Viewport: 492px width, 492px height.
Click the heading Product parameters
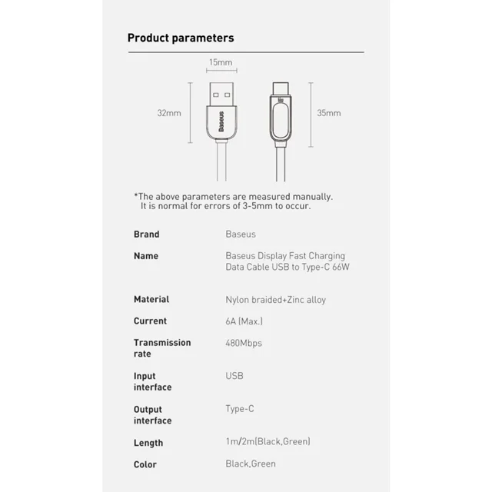(x=180, y=38)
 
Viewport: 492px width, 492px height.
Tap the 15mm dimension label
(x=220, y=61)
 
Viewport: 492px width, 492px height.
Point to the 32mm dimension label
(x=168, y=113)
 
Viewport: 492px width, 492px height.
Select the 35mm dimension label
(x=328, y=113)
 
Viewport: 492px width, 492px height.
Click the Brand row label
(x=146, y=234)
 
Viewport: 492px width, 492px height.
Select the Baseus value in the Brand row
(x=241, y=234)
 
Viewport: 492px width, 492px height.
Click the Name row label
(x=146, y=256)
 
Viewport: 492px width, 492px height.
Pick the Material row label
(x=151, y=299)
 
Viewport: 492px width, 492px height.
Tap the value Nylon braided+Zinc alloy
(x=275, y=300)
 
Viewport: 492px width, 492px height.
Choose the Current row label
(x=150, y=321)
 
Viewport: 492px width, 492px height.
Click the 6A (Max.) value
(x=244, y=321)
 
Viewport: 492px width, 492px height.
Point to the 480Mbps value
(x=244, y=343)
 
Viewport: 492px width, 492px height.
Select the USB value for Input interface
(x=234, y=377)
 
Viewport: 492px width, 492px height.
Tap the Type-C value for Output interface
(x=240, y=410)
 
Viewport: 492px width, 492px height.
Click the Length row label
(x=148, y=443)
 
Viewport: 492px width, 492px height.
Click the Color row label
(x=145, y=464)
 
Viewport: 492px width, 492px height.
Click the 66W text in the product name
(x=339, y=267)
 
